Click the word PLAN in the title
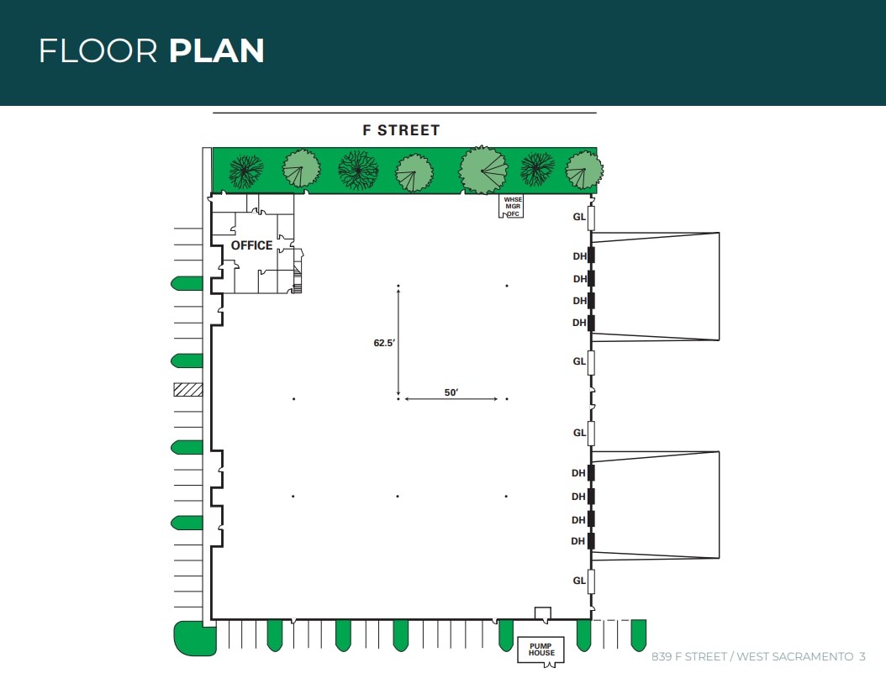pyautogui.click(x=217, y=51)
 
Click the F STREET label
pyautogui.click(x=401, y=130)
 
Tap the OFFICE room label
pyautogui.click(x=251, y=245)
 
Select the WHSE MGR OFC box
pyautogui.click(x=512, y=207)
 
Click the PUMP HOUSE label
pyautogui.click(x=541, y=650)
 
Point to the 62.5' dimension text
pyautogui.click(x=384, y=343)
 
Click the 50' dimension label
pyautogui.click(x=451, y=392)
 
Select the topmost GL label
pyautogui.click(x=579, y=217)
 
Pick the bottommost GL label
pyautogui.click(x=579, y=581)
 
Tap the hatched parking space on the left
pyautogui.click(x=188, y=389)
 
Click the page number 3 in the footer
pyautogui.click(x=862, y=656)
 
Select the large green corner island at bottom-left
pyautogui.click(x=193, y=638)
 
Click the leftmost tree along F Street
pyautogui.click(x=246, y=170)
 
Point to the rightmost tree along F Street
pyautogui.click(x=583, y=170)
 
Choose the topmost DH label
pyautogui.click(x=579, y=255)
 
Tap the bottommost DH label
pyautogui.click(x=578, y=542)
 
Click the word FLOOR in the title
pyautogui.click(x=98, y=51)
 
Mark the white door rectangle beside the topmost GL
pyautogui.click(x=591, y=218)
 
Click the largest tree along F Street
pyautogui.click(x=483, y=170)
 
